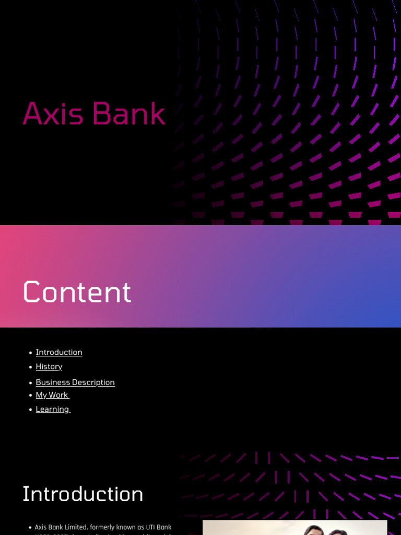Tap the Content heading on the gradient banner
77,292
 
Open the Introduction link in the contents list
59,352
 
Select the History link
49,367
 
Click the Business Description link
75,382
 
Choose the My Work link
52,395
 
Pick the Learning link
52,409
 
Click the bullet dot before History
31,367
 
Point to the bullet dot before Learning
31,410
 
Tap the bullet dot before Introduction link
31,353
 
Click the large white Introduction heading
82,494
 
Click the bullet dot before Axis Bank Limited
30,528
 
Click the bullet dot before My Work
31,396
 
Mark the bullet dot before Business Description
31,383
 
